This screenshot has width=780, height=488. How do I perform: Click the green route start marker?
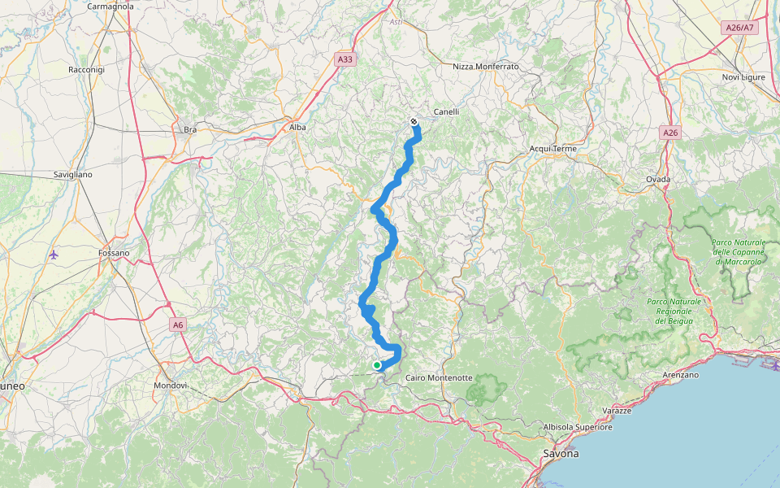(x=377, y=366)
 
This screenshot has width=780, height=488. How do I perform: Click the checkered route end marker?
(x=414, y=122)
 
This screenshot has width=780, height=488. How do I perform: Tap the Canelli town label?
(x=446, y=112)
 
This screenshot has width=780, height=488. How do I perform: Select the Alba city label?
(x=297, y=127)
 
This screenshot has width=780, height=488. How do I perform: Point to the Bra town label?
(x=190, y=130)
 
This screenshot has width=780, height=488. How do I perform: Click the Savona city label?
(x=561, y=453)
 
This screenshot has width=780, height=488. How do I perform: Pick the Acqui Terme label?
(x=552, y=149)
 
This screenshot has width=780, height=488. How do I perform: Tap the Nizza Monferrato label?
(x=486, y=67)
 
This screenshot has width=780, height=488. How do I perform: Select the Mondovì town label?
(x=171, y=385)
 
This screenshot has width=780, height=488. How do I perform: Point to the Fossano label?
(x=114, y=253)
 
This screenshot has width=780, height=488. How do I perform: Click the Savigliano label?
(x=72, y=175)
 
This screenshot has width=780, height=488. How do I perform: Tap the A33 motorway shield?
(x=345, y=59)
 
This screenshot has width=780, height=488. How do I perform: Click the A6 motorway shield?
(x=178, y=325)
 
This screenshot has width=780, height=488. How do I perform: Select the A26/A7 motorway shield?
(x=739, y=28)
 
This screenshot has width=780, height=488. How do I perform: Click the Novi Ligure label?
(x=743, y=77)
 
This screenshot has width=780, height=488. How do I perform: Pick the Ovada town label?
(x=658, y=179)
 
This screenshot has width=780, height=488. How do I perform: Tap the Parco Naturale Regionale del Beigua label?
(x=674, y=311)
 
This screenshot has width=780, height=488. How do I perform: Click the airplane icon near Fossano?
(x=54, y=255)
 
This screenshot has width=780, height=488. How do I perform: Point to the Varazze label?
(x=617, y=411)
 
